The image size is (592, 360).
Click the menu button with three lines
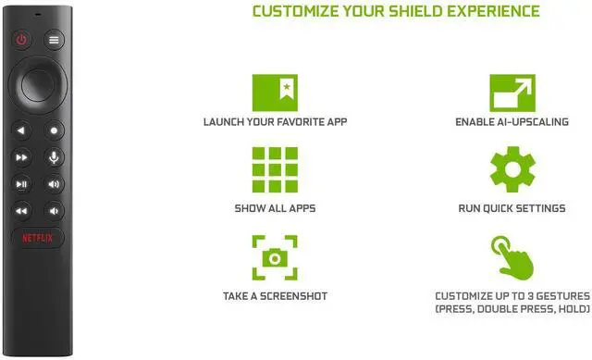coord(55,41)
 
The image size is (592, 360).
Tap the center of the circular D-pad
coord(38,83)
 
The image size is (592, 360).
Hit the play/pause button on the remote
coord(21,184)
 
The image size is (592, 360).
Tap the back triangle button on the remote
coord(21,130)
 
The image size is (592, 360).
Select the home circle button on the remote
coord(55,130)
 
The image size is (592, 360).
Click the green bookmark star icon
coord(275,90)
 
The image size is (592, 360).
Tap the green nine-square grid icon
coord(275,169)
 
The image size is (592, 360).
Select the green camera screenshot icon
coord(275,256)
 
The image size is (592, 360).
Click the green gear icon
coord(512,169)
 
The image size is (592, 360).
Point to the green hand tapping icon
coord(512,257)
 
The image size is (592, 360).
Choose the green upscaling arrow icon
coord(512,90)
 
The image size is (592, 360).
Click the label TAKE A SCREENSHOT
coord(275,296)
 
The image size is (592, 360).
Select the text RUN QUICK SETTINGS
coord(512,208)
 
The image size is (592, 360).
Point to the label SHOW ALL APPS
coord(275,208)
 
